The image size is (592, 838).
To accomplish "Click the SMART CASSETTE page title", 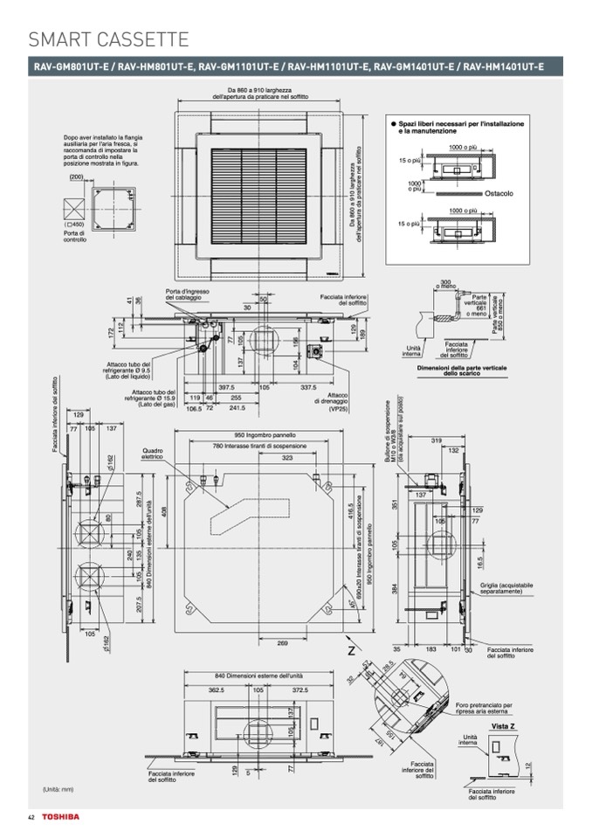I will click(109, 38).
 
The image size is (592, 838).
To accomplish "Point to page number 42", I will click(31, 816).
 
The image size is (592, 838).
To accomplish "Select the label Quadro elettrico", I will click(154, 454).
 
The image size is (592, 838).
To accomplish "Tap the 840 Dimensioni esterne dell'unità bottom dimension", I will click(258, 675).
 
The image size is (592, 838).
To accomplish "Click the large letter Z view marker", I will click(351, 651).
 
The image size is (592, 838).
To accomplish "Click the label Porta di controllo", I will click(75, 236).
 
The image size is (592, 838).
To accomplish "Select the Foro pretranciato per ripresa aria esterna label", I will click(485, 708).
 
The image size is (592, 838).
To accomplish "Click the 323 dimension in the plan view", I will click(286, 457).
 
